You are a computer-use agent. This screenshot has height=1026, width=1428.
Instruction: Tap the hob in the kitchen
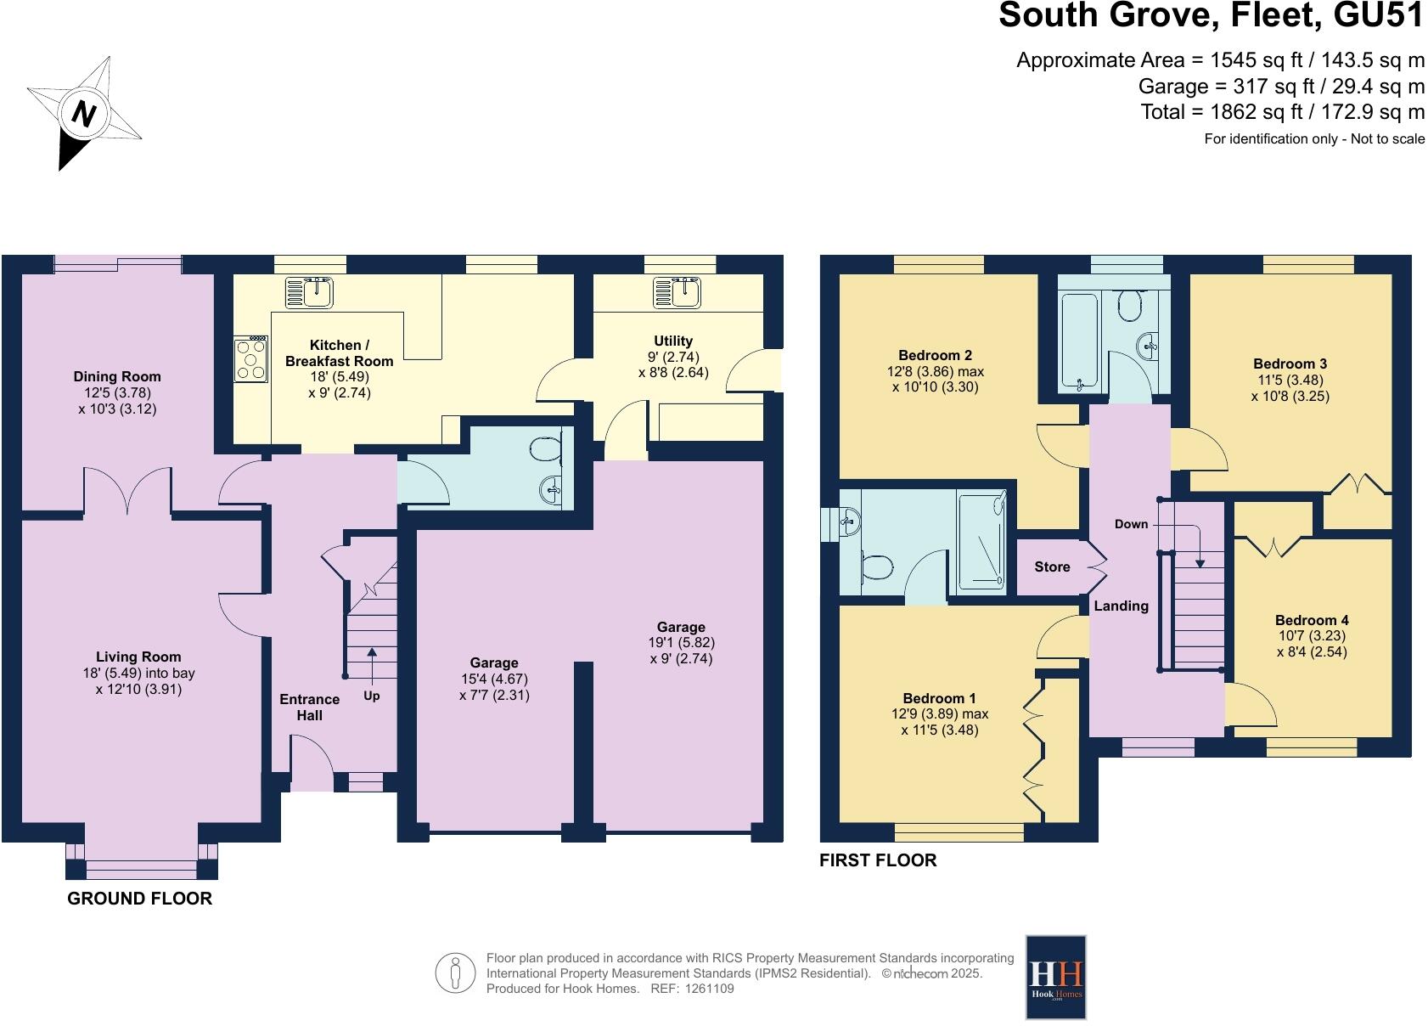252,359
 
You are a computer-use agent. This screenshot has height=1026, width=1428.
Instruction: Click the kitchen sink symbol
311,292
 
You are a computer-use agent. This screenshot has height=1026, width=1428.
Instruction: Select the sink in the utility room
677,292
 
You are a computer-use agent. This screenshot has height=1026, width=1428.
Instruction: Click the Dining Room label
117,376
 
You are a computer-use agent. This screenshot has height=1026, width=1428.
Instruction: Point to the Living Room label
138,657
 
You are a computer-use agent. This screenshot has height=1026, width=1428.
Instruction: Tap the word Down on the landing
1131,524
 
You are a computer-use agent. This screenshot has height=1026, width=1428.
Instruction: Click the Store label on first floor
1052,567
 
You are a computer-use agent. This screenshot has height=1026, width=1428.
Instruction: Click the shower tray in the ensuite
983,541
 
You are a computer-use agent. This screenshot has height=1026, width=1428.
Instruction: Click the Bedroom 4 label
1312,620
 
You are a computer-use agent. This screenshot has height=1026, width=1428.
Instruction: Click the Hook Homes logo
1056,977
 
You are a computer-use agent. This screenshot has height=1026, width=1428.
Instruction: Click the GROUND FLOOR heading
139,899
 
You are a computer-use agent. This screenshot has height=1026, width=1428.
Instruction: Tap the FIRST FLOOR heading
878,860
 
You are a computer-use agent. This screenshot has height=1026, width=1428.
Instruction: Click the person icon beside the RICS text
456,973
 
